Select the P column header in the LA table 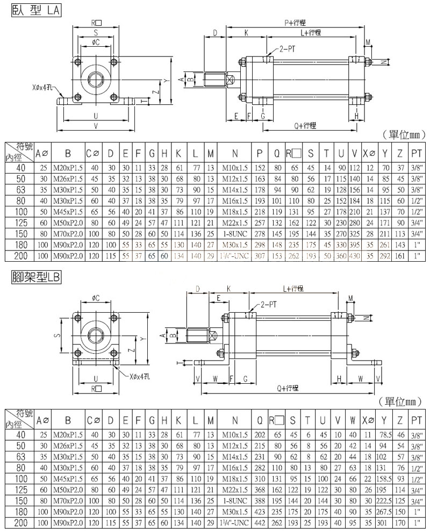[260, 153]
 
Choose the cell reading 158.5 [384, 478]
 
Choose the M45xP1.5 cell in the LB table [68, 478]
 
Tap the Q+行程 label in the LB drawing [289, 388]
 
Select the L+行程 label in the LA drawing [311, 33]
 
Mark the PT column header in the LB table [415, 420]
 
